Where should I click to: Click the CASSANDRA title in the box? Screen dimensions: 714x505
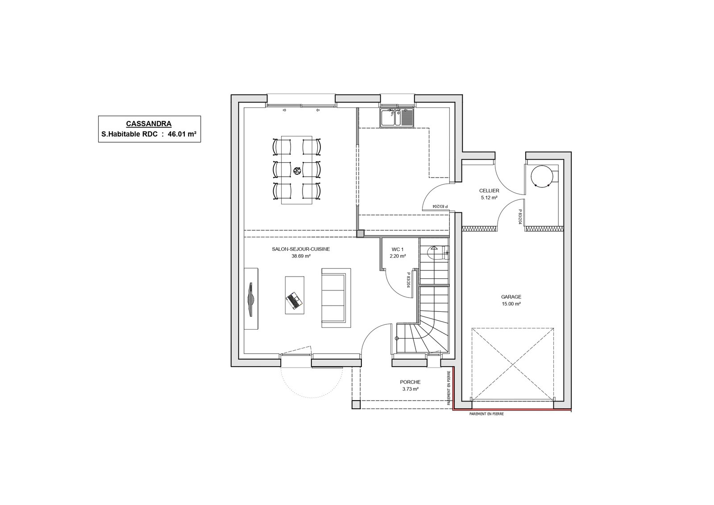pos(149,124)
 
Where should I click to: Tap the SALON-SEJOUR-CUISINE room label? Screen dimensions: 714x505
pos(301,249)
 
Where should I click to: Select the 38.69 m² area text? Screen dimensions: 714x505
pos(301,256)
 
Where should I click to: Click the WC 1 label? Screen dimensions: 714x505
pos(398,249)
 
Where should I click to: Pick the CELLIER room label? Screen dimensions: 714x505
pos(489,191)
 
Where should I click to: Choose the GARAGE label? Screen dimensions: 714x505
pos(511,297)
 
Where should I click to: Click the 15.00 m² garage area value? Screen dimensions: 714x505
pos(511,304)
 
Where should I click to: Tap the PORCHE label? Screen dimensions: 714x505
pos(410,382)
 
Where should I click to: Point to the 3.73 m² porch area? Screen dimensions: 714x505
pos(410,389)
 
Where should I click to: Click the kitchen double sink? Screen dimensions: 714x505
pos(397,118)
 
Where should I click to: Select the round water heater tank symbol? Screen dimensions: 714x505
pos(541,176)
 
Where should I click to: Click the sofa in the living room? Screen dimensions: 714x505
pos(336,298)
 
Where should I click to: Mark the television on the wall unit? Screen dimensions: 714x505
pos(251,299)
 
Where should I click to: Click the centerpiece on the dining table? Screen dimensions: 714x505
pos(297,171)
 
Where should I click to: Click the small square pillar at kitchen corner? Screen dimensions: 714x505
pos(360,234)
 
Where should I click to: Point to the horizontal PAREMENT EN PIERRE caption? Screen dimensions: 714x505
pos(486,414)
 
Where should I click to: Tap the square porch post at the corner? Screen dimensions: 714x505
pos(356,405)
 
